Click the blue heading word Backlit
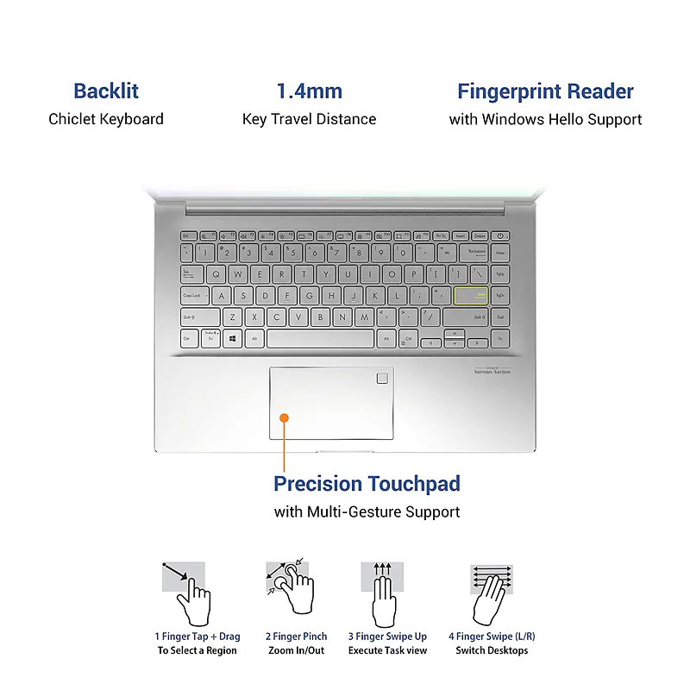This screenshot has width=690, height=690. click(106, 91)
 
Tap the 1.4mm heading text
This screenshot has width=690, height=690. click(309, 91)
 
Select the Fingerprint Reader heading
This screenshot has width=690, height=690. click(545, 91)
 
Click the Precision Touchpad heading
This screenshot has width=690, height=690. click(367, 483)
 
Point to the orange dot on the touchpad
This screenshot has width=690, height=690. click(285, 417)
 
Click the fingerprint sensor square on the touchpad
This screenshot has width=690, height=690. click(380, 378)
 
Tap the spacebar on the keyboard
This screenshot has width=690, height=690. click(320, 339)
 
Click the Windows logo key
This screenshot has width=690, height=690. click(233, 339)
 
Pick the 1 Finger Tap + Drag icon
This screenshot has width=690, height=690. click(186, 592)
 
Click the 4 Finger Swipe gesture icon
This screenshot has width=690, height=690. click(492, 592)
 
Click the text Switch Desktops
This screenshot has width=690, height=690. click(492, 650)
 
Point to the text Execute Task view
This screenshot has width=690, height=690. click(387, 650)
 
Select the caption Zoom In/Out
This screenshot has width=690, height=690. click(296, 650)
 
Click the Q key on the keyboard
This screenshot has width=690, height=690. click(216, 273)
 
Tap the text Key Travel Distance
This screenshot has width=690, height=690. click(309, 119)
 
